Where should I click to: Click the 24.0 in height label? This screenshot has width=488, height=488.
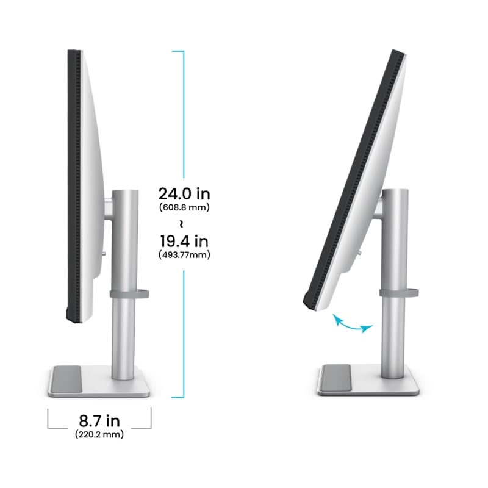tap(184, 194)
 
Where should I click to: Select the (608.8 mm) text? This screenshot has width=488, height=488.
tap(184, 207)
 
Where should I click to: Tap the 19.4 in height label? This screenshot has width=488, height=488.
tap(184, 241)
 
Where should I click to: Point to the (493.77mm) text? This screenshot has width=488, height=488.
tap(184, 255)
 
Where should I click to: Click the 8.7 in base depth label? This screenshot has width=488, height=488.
tap(99, 421)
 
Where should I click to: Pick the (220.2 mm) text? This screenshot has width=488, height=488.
tap(99, 434)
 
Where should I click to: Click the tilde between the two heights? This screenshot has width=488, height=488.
tap(181, 224)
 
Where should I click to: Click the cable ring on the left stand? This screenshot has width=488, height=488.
tap(129, 294)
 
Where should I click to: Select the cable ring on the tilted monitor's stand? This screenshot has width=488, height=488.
tap(399, 293)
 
